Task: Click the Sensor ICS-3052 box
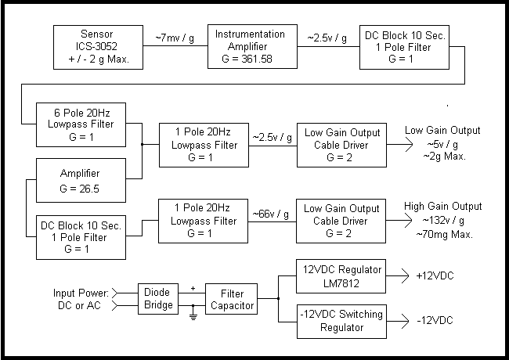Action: pyautogui.click(x=98, y=48)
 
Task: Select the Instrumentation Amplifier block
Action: pyautogui.click(x=252, y=46)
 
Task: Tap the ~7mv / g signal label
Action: pyautogui.click(x=175, y=38)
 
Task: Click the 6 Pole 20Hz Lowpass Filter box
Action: pyautogui.click(x=81, y=125)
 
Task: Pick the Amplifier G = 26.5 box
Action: pyautogui.click(x=81, y=180)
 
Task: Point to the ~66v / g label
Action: pyautogui.click(x=271, y=214)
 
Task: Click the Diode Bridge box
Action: pyautogui.click(x=158, y=299)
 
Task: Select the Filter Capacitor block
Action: pyautogui.click(x=232, y=299)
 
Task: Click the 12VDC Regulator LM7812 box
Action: pyautogui.click(x=341, y=276)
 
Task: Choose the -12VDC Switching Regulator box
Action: pyautogui.click(x=341, y=322)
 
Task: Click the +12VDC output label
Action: pyautogui.click(x=435, y=276)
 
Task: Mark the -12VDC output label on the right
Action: pyautogui.click(x=435, y=321)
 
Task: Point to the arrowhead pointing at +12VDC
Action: pyautogui.click(x=406, y=276)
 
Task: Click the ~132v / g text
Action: pyautogui.click(x=443, y=221)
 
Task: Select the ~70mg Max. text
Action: pyautogui.click(x=445, y=234)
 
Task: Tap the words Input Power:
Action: pyautogui.click(x=81, y=293)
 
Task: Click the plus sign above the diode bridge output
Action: pyautogui.click(x=193, y=288)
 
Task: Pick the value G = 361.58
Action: pyautogui.click(x=247, y=59)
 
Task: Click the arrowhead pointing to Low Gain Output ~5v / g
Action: pyautogui.click(x=409, y=145)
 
